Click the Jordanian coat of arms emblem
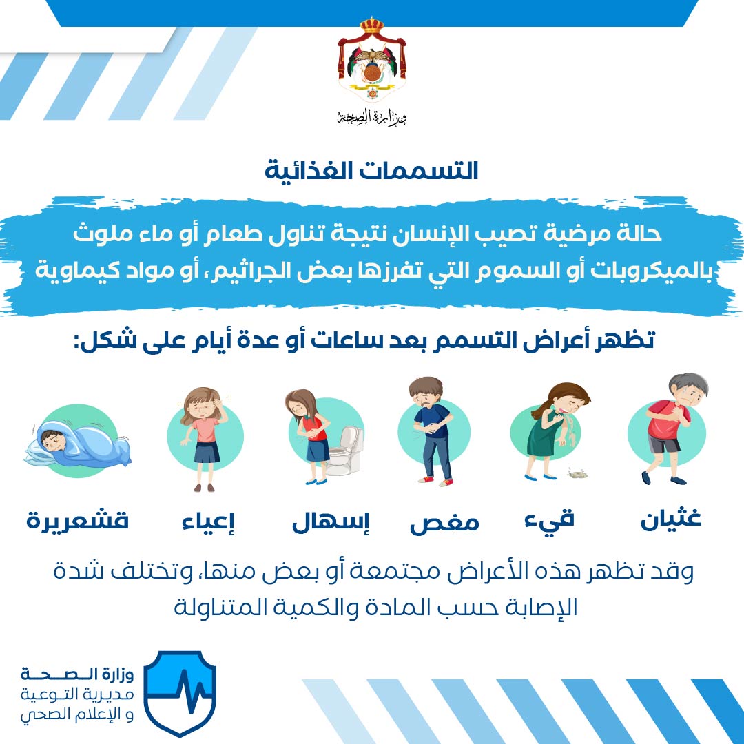(x=372, y=59)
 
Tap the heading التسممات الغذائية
(x=371, y=171)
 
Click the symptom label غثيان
(x=670, y=518)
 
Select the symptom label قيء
(x=550, y=519)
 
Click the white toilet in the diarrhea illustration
(x=345, y=451)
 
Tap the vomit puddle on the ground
(x=577, y=473)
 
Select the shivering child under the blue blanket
(x=77, y=442)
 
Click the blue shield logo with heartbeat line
(x=180, y=693)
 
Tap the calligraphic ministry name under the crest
(x=372, y=116)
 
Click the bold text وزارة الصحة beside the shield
(x=77, y=674)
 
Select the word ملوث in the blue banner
(x=103, y=234)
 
